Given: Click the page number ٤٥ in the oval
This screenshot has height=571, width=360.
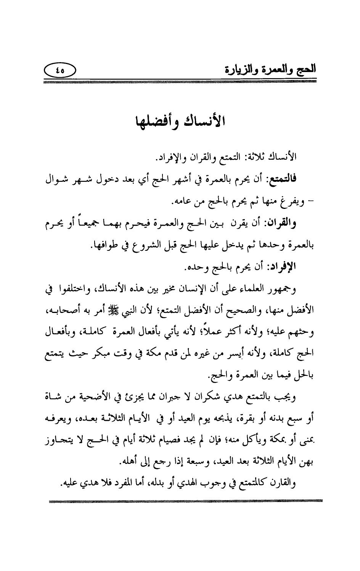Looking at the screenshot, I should [60, 70].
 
